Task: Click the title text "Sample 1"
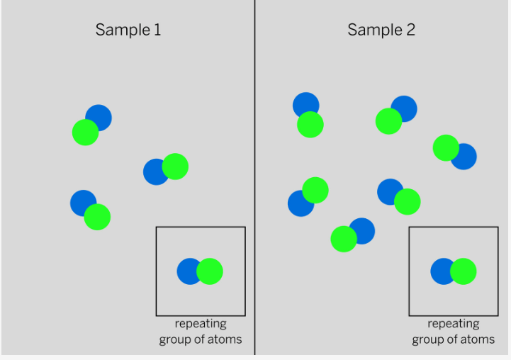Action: pyautogui.click(x=128, y=30)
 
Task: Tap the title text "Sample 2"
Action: pyautogui.click(x=381, y=30)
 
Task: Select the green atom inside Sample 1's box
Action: pyautogui.click(x=210, y=271)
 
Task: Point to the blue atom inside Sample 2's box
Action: pyautogui.click(x=442, y=271)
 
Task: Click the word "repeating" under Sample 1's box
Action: pyautogui.click(x=201, y=324)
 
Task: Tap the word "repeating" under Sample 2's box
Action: pyautogui.click(x=454, y=324)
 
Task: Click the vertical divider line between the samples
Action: pyautogui.click(x=254, y=177)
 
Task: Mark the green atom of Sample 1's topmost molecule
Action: pyautogui.click(x=85, y=133)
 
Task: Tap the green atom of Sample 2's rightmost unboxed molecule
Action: pyautogui.click(x=446, y=147)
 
